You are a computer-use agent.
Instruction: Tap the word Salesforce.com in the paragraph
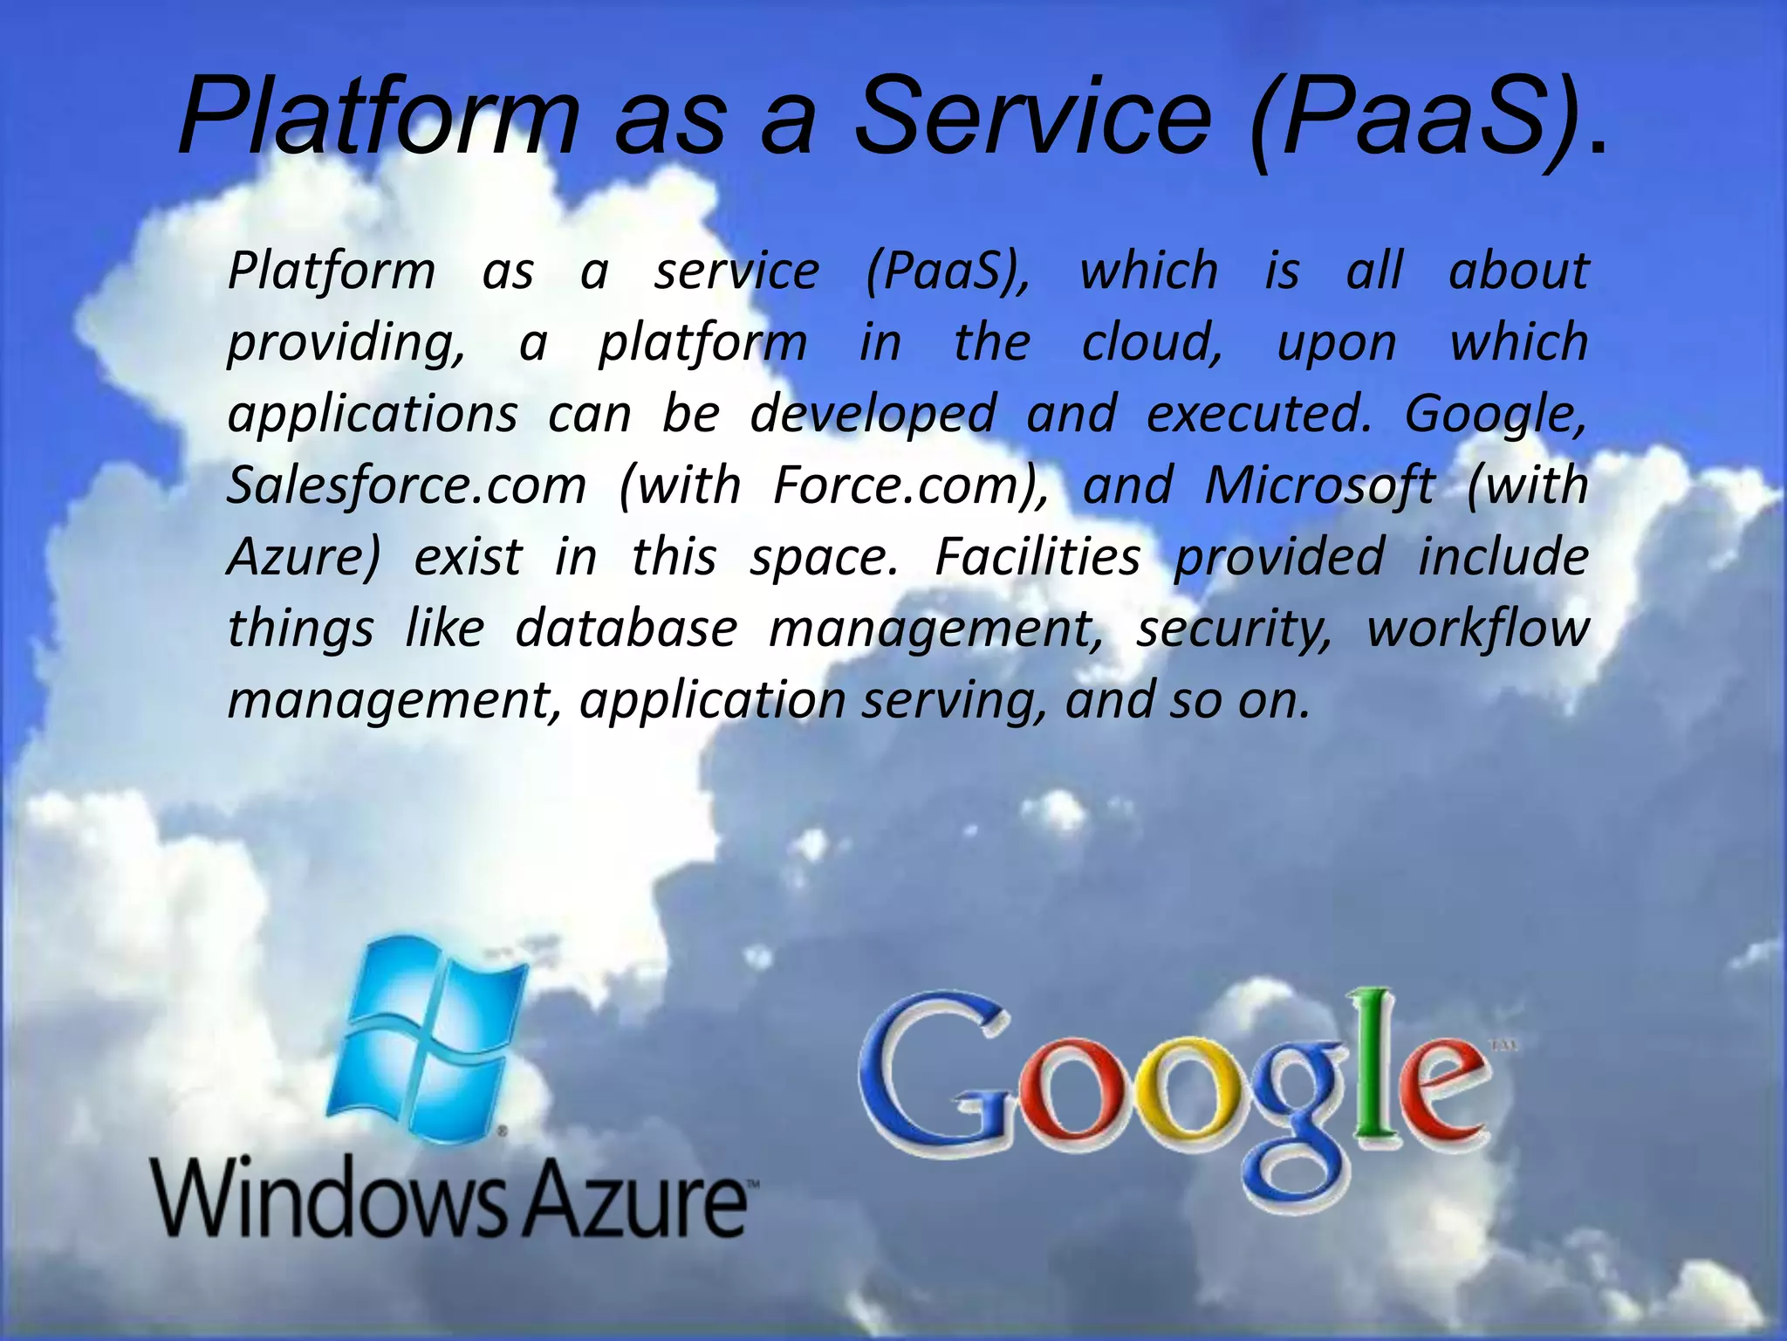407,485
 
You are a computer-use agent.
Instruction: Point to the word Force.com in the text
911,485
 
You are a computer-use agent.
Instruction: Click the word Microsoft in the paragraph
1318,485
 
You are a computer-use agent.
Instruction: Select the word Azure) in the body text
304,557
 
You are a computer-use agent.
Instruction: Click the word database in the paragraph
626,629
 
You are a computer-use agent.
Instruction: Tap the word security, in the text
1234,629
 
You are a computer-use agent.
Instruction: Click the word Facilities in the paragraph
1037,557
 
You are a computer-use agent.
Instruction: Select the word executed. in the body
1259,414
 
